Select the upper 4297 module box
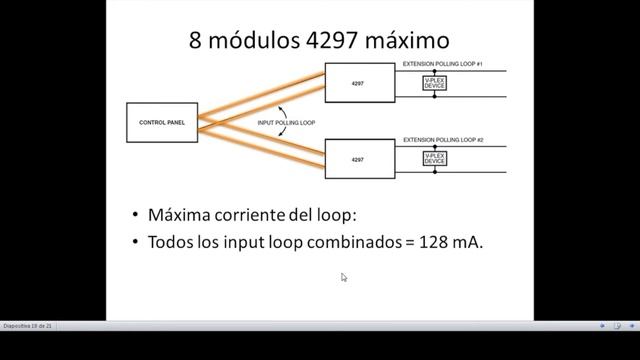[357, 84]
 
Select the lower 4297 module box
[357, 159]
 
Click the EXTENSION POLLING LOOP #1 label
[443, 63]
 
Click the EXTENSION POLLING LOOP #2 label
[443, 139]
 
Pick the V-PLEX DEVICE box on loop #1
[434, 84]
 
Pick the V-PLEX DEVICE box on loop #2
[434, 159]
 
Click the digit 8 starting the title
[196, 41]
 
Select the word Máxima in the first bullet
[176, 215]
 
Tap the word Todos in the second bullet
[169, 241]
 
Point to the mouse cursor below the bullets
[343, 277]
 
